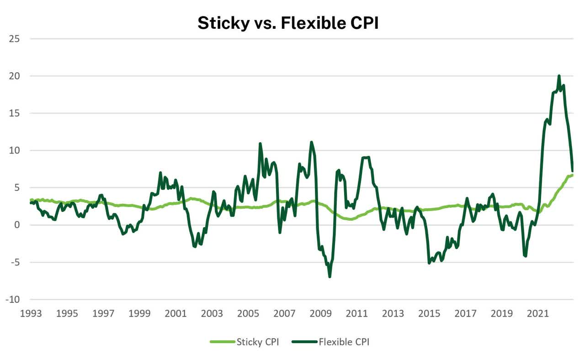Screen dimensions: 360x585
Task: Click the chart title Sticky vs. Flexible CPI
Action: pyautogui.click(x=288, y=22)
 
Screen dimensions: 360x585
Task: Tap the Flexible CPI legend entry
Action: pyautogui.click(x=344, y=342)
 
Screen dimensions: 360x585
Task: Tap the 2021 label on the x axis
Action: pyautogui.click(x=538, y=314)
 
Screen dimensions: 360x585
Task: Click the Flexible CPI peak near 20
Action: pyautogui.click(x=559, y=76)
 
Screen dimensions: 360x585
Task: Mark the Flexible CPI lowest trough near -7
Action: pyautogui.click(x=330, y=276)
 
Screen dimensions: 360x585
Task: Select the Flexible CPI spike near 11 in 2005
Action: pyautogui.click(x=260, y=143)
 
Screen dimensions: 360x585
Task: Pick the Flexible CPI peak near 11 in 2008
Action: pyautogui.click(x=312, y=142)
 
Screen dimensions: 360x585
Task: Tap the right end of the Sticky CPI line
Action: pyautogui.click(x=573, y=175)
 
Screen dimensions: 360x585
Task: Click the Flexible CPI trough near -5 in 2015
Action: pyautogui.click(x=429, y=263)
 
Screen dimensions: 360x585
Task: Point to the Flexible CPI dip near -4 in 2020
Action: pyautogui.click(x=526, y=256)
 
